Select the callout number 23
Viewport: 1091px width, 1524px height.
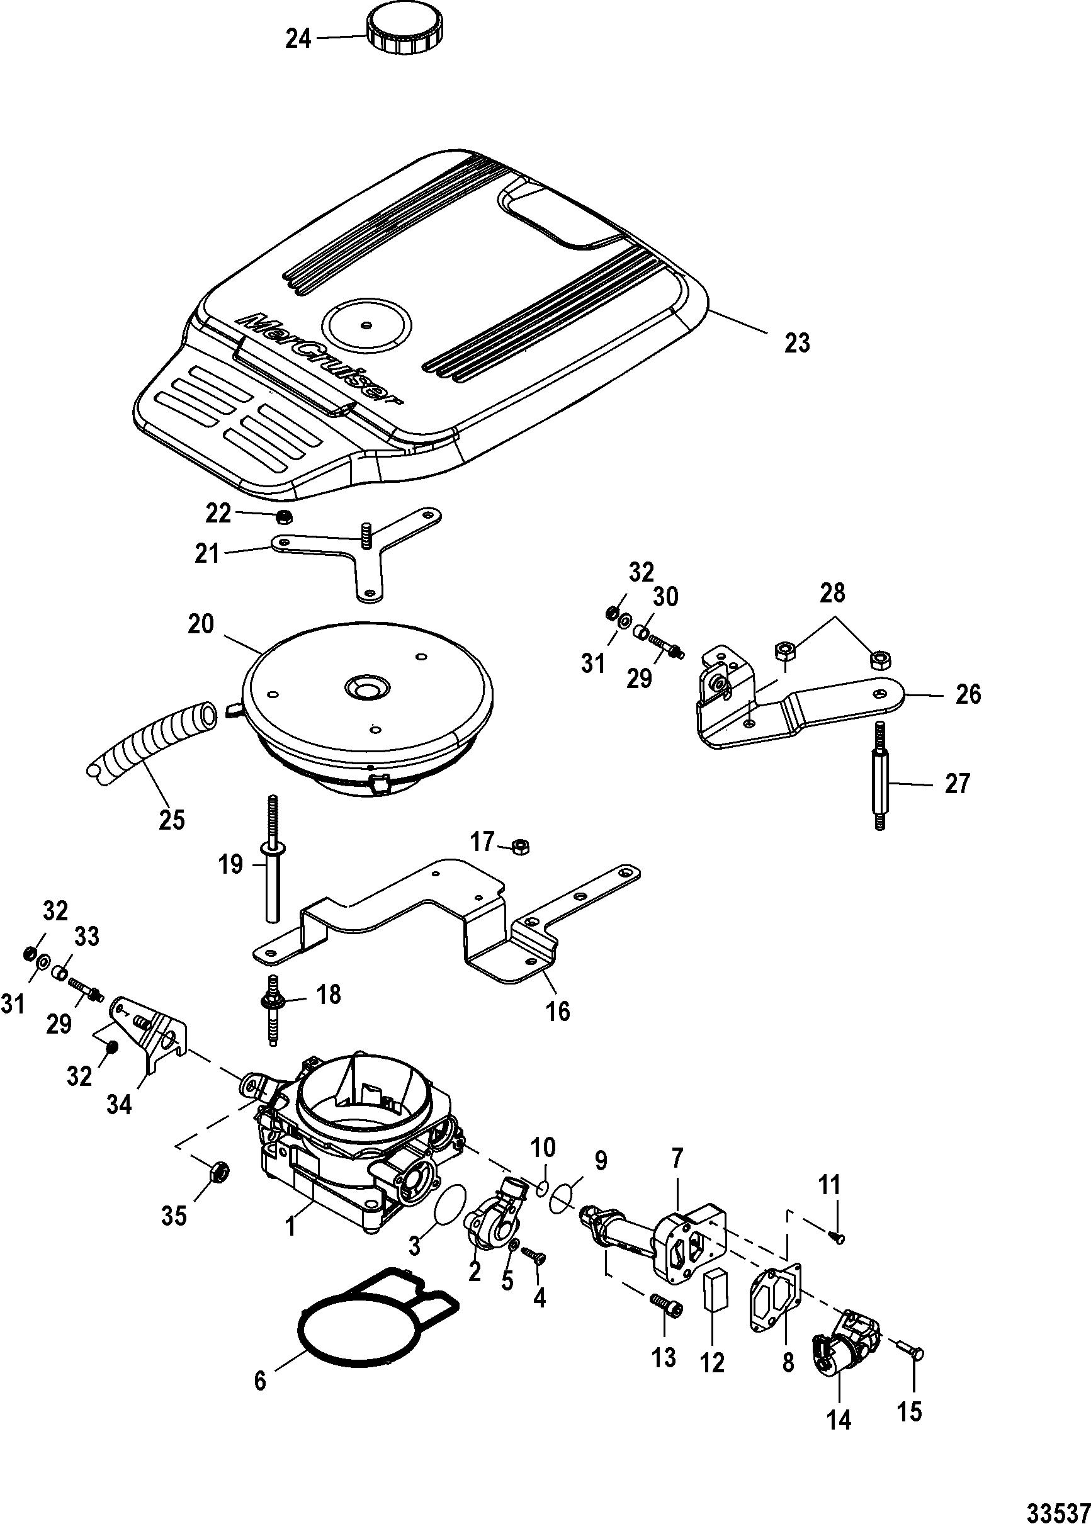coord(797,342)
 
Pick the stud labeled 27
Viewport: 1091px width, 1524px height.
coord(881,776)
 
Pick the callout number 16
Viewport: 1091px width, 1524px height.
coord(558,1010)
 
